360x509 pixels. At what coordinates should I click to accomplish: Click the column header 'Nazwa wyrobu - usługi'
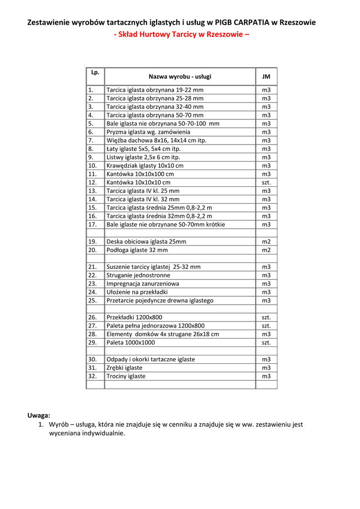(x=180, y=77)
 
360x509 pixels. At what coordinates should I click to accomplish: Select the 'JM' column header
(x=266, y=77)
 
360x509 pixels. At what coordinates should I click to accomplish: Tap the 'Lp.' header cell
(x=95, y=72)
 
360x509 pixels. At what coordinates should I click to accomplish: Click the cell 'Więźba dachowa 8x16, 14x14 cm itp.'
(x=156, y=141)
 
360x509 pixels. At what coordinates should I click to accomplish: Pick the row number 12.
(x=92, y=182)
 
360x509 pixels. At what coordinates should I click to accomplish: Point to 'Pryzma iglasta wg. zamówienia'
(x=148, y=132)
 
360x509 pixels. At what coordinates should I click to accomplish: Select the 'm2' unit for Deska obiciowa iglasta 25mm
(x=266, y=242)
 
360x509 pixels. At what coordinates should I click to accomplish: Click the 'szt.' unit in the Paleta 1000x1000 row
(x=266, y=342)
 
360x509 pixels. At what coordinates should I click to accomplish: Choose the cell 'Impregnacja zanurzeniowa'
(x=143, y=284)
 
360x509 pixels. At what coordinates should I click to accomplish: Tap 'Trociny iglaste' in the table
(x=126, y=376)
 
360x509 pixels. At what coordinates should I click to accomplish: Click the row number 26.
(x=92, y=317)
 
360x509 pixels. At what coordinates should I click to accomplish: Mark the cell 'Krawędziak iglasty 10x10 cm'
(x=145, y=166)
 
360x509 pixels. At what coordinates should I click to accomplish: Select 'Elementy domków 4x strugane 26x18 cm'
(x=163, y=334)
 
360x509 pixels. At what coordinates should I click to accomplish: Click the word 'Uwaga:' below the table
(x=39, y=415)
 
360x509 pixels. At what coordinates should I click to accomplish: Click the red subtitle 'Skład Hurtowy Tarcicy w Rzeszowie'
(x=181, y=35)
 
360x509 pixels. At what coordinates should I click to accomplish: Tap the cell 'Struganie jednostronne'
(x=138, y=275)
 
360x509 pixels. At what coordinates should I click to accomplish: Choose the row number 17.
(x=92, y=225)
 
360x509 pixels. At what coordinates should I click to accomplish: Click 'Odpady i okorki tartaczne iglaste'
(x=151, y=359)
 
